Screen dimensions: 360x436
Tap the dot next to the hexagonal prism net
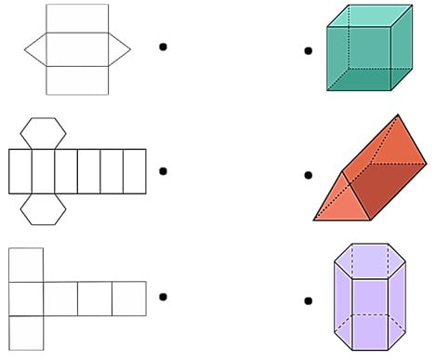coord(164,170)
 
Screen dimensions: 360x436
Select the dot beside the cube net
coord(164,297)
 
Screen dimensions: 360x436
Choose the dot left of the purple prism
coord(308,299)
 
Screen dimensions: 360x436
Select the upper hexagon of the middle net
coord(43,132)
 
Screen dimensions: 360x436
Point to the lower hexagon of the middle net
coord(43,210)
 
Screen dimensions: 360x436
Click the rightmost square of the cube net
coord(129,298)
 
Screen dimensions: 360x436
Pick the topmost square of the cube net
coord(25,264)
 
